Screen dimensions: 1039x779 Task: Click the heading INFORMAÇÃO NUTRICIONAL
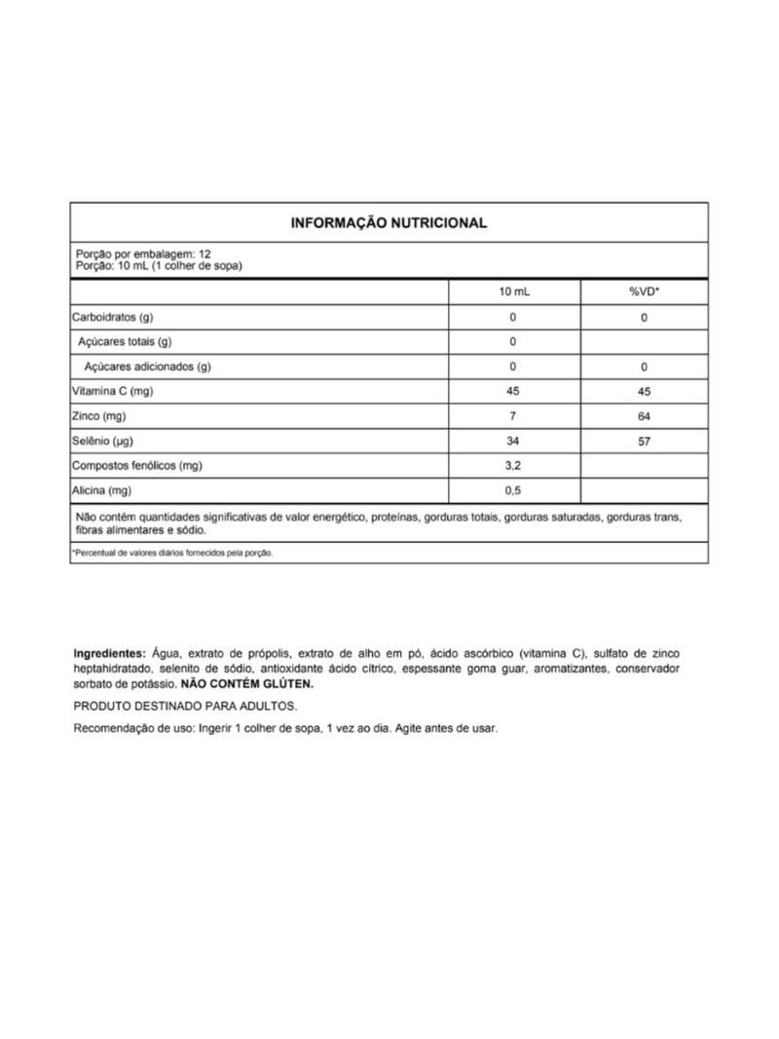click(389, 223)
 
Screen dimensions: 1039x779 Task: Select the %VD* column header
click(644, 292)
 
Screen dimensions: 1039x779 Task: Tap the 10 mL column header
click(513, 292)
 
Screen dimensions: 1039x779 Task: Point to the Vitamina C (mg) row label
click(113, 392)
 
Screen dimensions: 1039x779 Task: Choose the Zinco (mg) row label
click(100, 416)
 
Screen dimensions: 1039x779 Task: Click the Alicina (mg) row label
click(101, 490)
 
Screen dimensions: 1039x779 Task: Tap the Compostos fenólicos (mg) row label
click(136, 466)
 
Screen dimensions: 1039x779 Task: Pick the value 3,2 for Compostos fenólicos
click(513, 466)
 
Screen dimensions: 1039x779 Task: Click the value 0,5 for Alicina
click(513, 490)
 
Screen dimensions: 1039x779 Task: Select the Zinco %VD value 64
click(644, 416)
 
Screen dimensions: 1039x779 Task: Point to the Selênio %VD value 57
click(644, 442)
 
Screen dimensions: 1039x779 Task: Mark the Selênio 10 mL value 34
click(513, 442)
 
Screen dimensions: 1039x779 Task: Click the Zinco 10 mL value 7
click(513, 416)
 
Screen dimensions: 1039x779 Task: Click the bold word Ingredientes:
click(109, 653)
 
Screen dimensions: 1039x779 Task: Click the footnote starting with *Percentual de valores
click(173, 553)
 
